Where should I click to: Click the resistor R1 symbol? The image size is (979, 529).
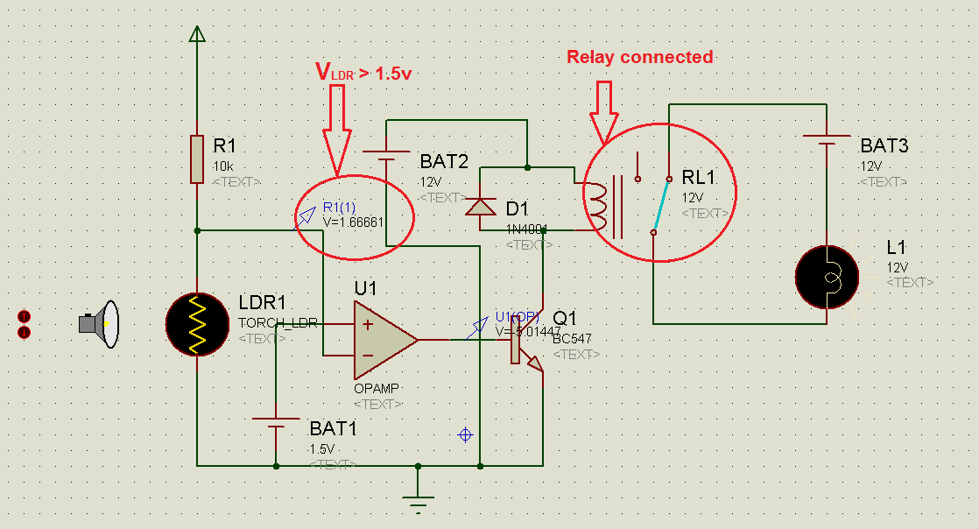click(x=197, y=159)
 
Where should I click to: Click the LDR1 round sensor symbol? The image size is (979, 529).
click(x=197, y=324)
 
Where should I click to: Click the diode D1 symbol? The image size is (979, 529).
click(x=480, y=206)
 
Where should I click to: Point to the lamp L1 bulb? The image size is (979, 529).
click(x=828, y=277)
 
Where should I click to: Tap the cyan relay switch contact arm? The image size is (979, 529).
click(x=661, y=206)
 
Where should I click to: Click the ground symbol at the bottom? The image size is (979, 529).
click(x=419, y=501)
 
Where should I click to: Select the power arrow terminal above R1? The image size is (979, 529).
click(x=197, y=34)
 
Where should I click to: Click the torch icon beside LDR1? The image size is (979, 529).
click(x=99, y=324)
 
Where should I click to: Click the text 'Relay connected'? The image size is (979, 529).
click(x=639, y=57)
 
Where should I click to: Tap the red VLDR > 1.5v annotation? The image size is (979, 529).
click(x=363, y=74)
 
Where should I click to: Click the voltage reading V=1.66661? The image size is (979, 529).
click(x=354, y=222)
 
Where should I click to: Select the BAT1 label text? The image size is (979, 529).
click(x=333, y=429)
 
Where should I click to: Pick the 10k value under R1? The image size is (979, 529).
click(x=223, y=166)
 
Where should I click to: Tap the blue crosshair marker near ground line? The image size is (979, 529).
click(x=465, y=434)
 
